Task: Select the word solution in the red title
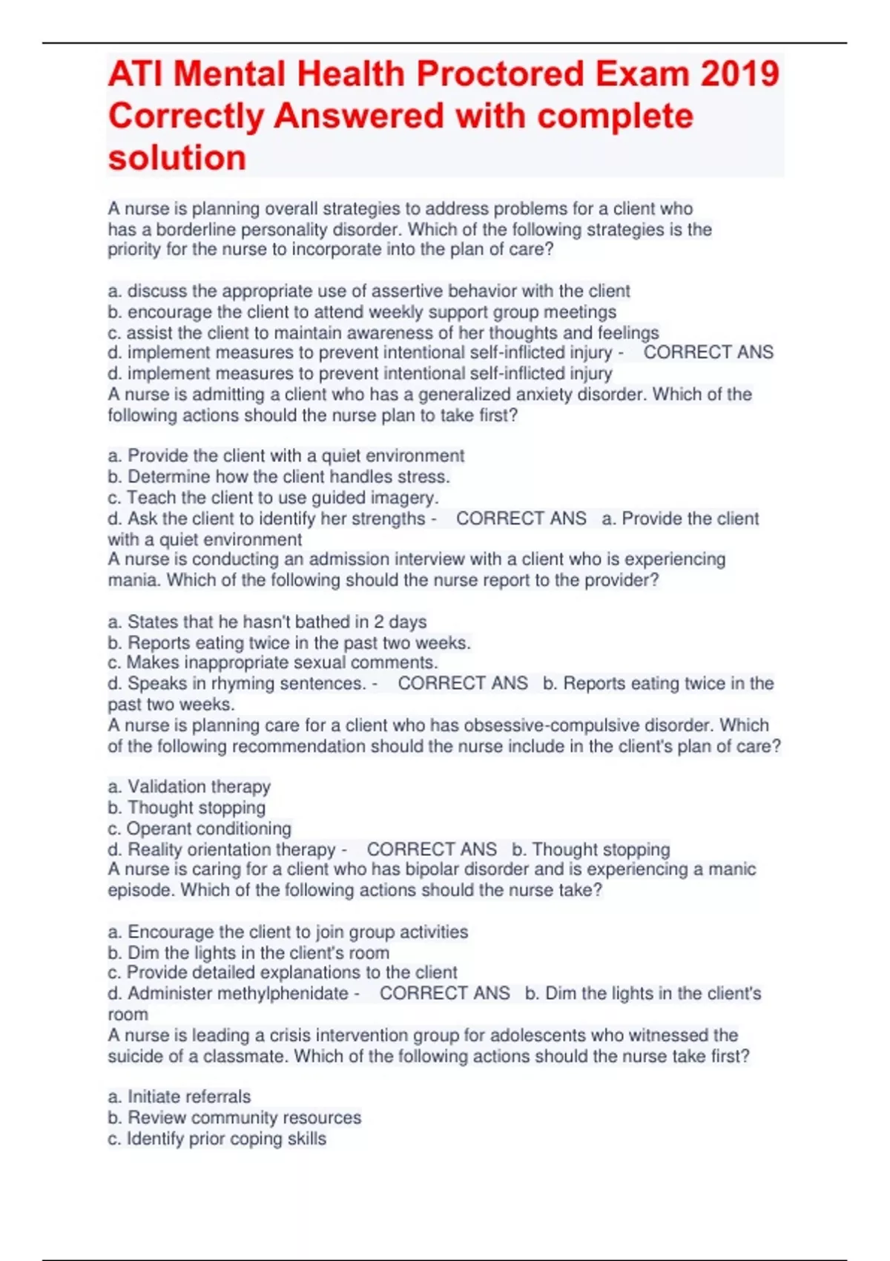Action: (177, 158)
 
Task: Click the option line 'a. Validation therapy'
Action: (189, 786)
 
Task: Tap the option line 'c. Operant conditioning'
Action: (200, 828)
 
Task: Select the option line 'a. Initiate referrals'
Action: (179, 1096)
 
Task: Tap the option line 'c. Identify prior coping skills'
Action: (217, 1138)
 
